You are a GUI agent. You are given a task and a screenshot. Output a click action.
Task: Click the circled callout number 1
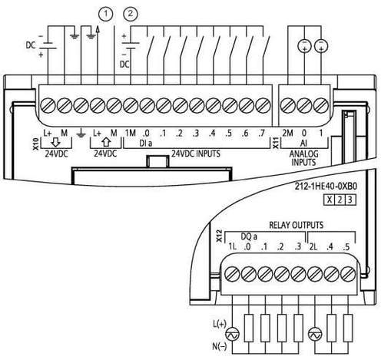pyautogui.click(x=105, y=14)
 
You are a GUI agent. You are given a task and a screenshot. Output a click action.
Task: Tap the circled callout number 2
pyautogui.click(x=131, y=14)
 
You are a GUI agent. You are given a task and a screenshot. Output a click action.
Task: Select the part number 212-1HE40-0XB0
pyautogui.click(x=326, y=187)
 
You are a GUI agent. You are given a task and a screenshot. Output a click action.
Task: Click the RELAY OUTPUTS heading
pyautogui.click(x=297, y=225)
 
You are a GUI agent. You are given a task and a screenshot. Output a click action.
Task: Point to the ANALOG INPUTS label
pyautogui.click(x=303, y=158)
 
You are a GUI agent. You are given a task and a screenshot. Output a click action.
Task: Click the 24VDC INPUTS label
pyautogui.click(x=196, y=154)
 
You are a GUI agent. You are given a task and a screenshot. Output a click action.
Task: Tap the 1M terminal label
pyautogui.click(x=130, y=133)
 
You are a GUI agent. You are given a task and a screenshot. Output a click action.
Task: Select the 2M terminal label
pyautogui.click(x=287, y=133)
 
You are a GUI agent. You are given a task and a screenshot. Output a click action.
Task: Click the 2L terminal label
pyautogui.click(x=313, y=247)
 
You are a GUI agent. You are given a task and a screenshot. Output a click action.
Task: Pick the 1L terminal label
pyautogui.click(x=232, y=247)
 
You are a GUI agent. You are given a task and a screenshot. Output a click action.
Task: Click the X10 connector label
pyautogui.click(x=36, y=144)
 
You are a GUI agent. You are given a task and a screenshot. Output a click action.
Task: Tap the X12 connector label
pyautogui.click(x=219, y=236)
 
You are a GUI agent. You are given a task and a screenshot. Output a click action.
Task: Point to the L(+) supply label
pyautogui.click(x=220, y=324)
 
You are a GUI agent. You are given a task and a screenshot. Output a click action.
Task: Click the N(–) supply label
pyautogui.click(x=220, y=346)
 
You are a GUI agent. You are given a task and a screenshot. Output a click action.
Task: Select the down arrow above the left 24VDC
pyautogui.click(x=56, y=142)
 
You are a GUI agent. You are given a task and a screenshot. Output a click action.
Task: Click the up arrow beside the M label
pyautogui.click(x=106, y=142)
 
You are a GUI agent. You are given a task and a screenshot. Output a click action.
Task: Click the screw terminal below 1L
pyautogui.click(x=232, y=274)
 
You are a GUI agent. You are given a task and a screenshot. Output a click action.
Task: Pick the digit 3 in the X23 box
pyautogui.click(x=350, y=200)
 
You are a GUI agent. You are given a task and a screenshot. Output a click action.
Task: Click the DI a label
pyautogui.click(x=145, y=144)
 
